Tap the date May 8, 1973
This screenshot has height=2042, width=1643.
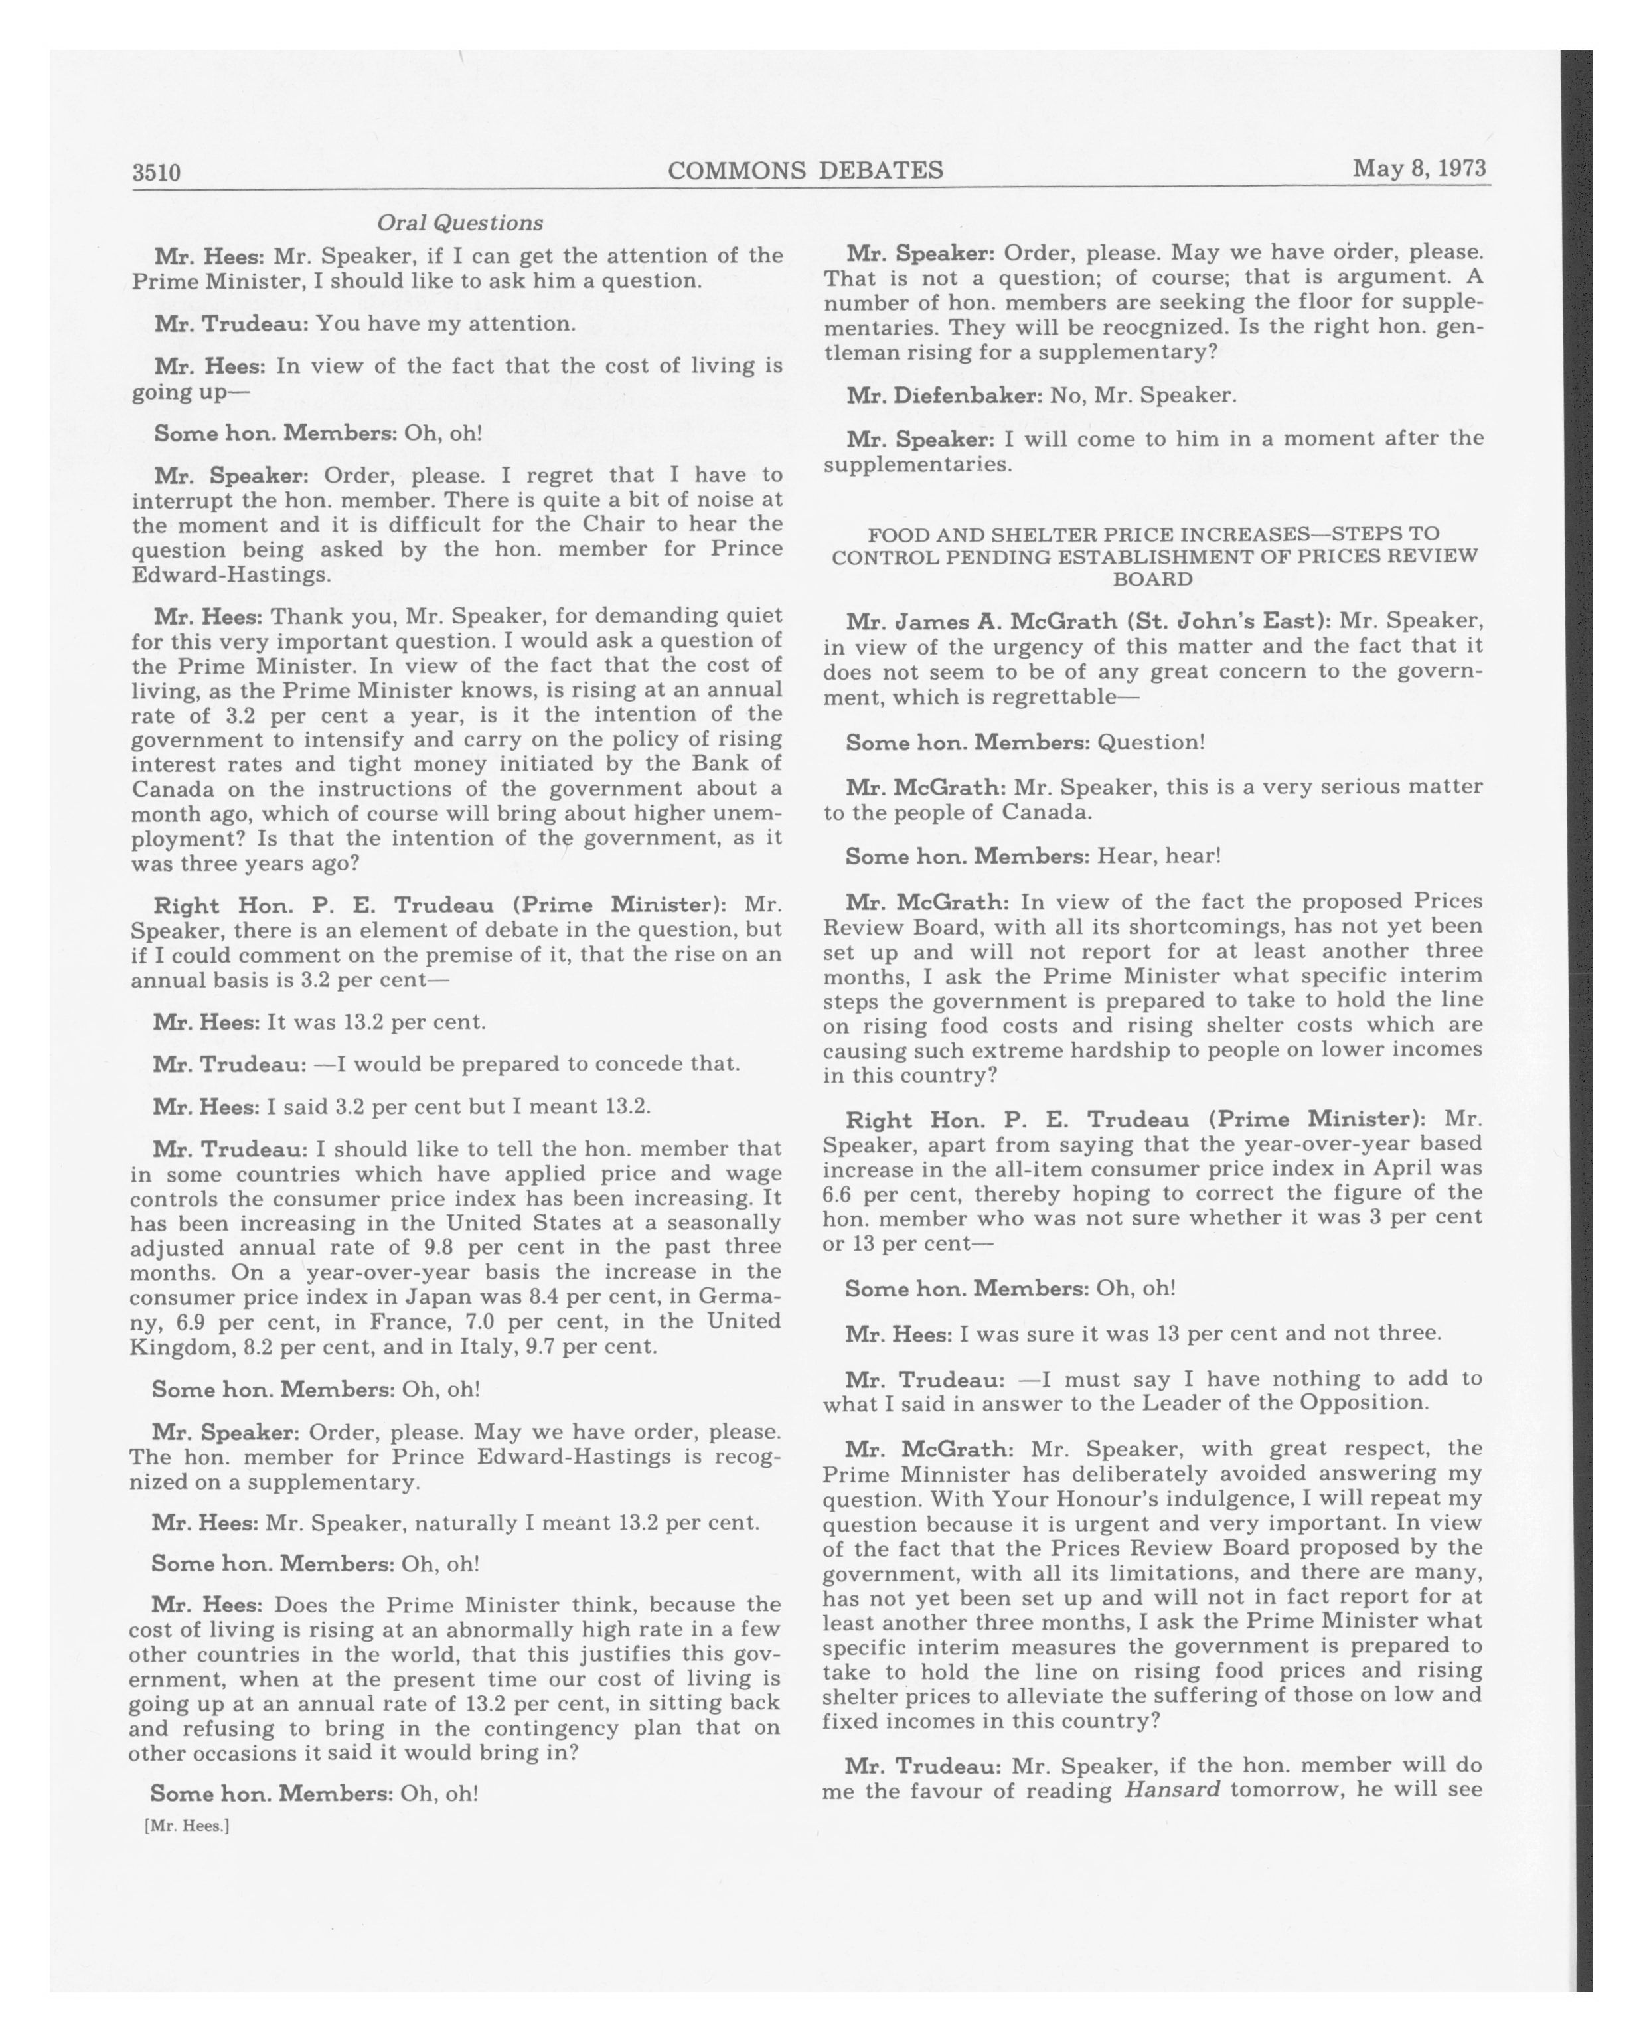(1419, 168)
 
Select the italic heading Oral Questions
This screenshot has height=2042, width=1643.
(459, 222)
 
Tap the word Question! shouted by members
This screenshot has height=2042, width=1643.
(1150, 743)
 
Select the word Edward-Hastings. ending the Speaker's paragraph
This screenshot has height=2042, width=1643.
(231, 574)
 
